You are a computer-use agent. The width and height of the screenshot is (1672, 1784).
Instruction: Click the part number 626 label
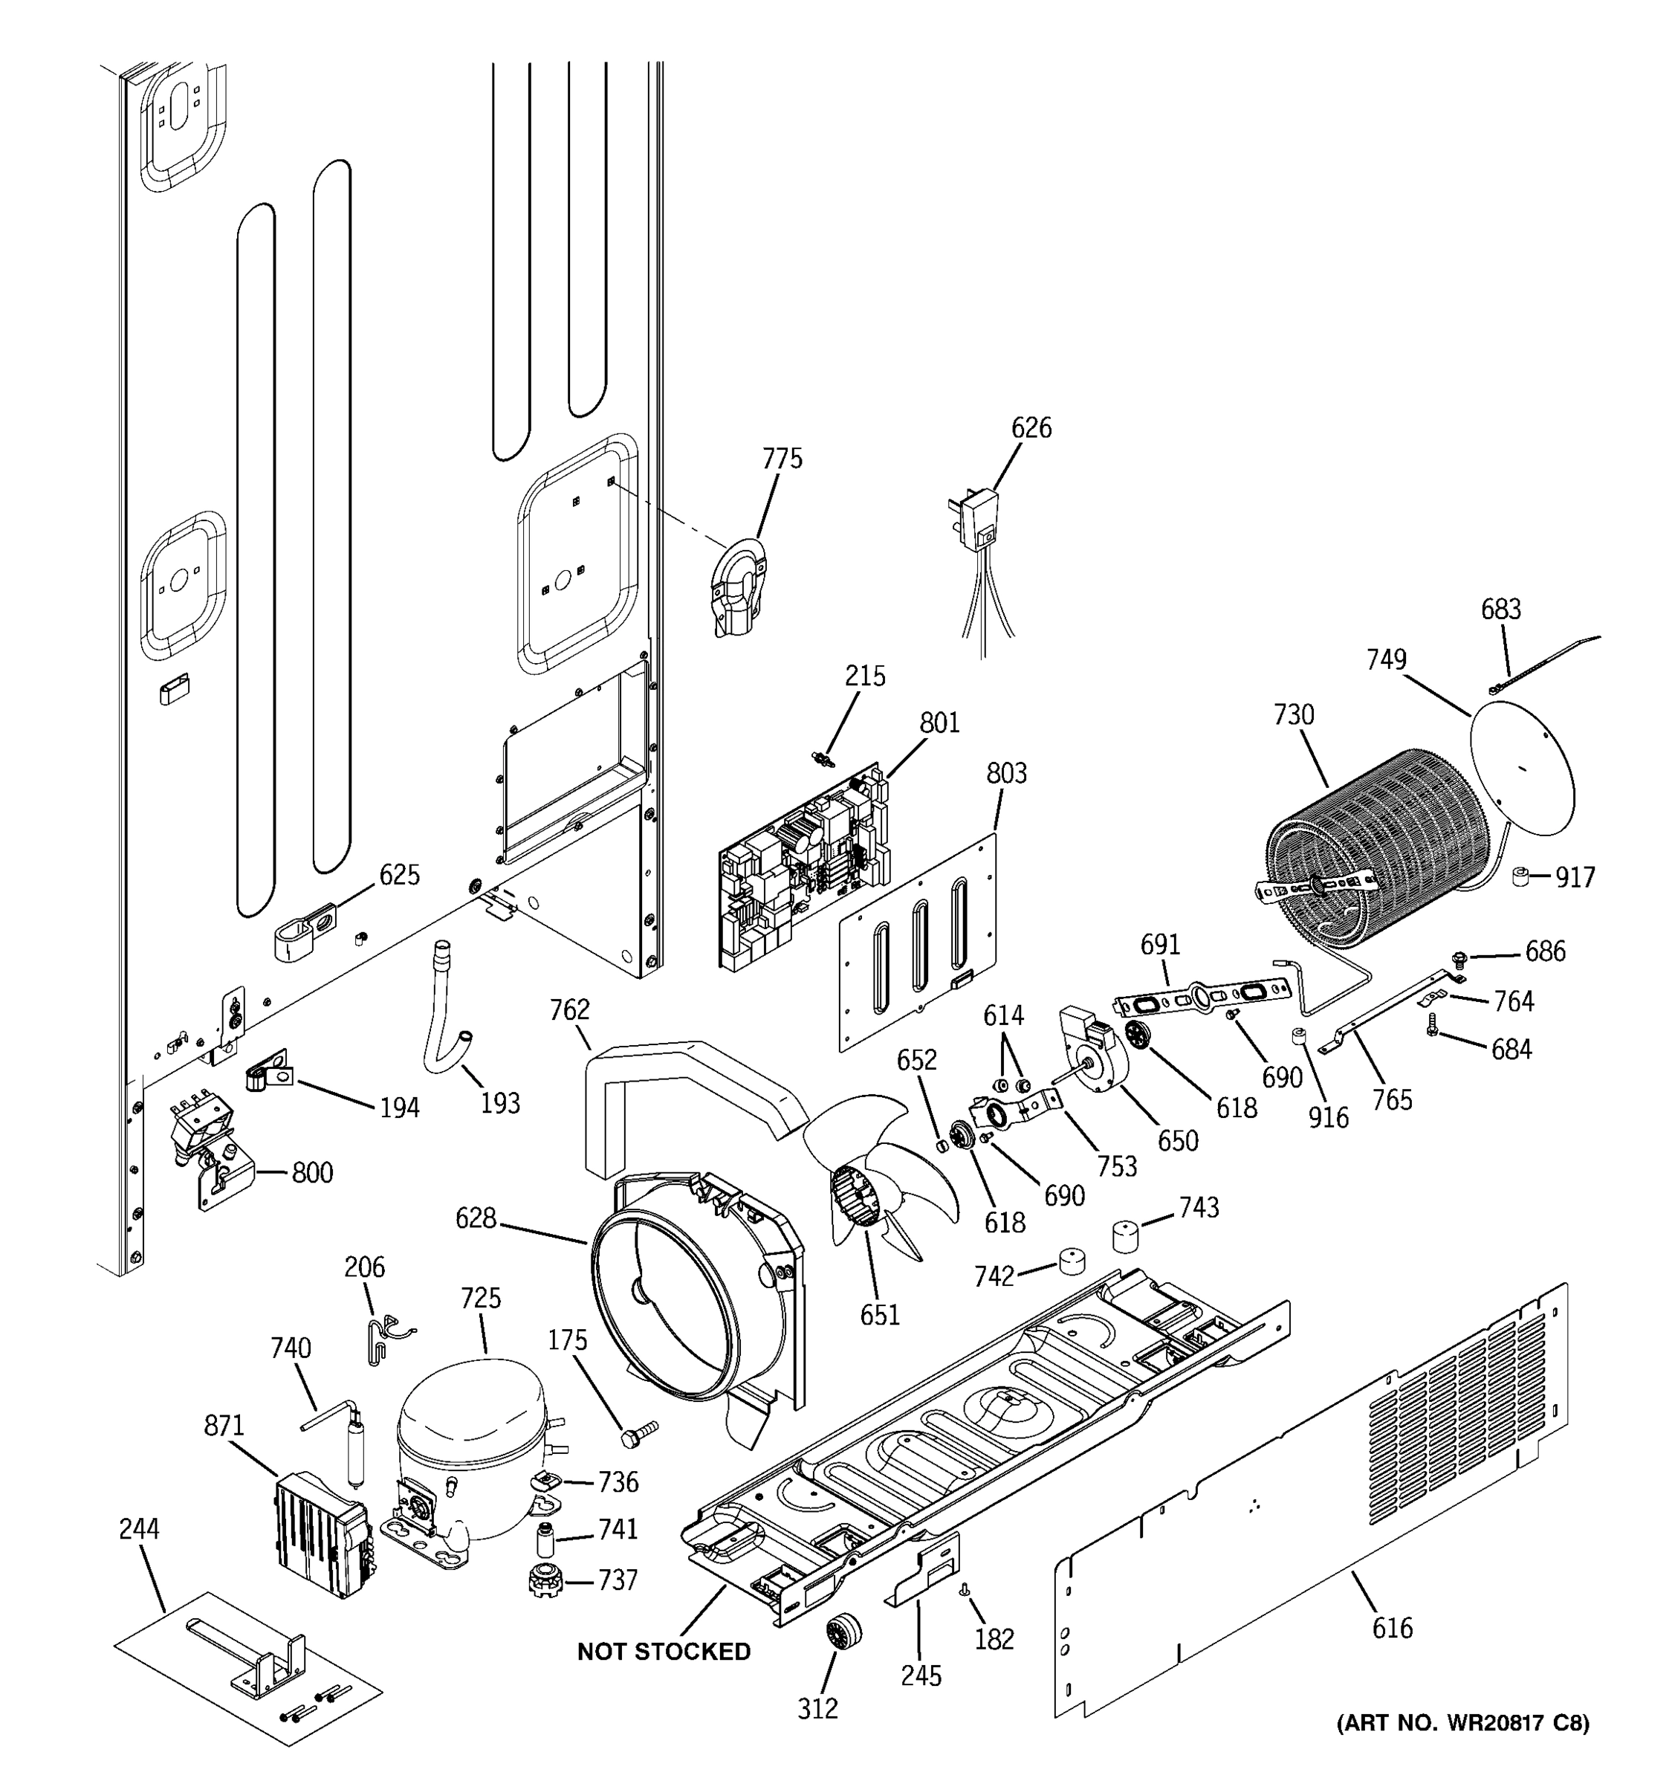(1031, 428)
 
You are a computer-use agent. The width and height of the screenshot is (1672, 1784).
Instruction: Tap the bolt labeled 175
(637, 1432)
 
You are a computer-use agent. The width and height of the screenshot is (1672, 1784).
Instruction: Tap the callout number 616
(1392, 1627)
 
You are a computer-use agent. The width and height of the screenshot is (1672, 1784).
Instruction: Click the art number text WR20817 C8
(1462, 1722)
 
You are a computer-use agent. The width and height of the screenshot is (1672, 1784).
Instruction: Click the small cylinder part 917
(1521, 876)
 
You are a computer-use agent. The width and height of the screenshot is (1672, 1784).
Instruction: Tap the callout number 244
(139, 1528)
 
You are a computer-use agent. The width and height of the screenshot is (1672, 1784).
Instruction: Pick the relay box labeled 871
(321, 1532)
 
